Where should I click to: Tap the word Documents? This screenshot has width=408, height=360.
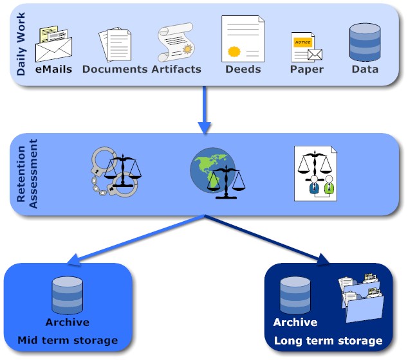[x=115, y=69]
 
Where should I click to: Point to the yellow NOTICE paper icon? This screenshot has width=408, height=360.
[x=305, y=46]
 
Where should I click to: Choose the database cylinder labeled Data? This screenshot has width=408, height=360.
[x=364, y=42]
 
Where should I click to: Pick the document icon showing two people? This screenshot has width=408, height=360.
[x=315, y=172]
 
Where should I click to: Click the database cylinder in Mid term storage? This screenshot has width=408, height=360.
[x=67, y=295]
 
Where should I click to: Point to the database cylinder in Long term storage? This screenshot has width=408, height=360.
[x=295, y=295]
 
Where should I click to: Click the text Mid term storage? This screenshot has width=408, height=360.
[x=68, y=340]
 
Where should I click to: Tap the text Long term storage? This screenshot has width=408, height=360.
[x=328, y=341]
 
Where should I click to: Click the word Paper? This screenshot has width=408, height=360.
[x=306, y=69]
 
